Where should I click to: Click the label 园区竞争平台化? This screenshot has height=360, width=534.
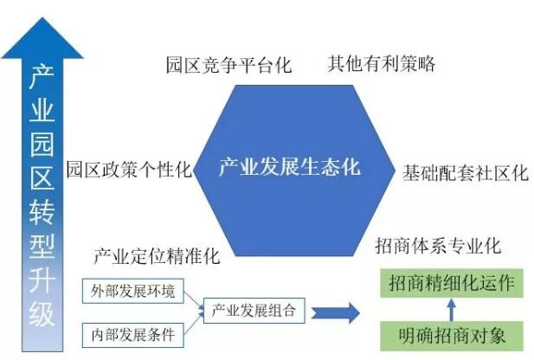click(229, 65)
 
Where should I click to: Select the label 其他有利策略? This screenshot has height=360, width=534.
click(381, 64)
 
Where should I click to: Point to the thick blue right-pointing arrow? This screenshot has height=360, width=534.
click(337, 312)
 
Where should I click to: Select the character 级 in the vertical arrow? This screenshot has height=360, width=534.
click(42, 312)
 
